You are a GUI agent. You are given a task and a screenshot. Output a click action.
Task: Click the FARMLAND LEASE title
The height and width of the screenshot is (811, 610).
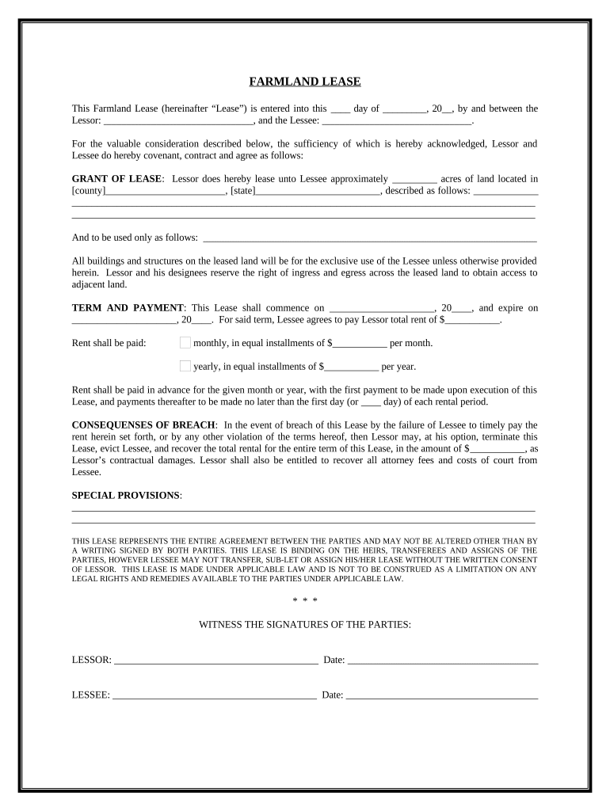click(x=305, y=82)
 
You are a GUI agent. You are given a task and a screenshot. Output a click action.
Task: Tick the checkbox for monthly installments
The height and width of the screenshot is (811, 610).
click(x=185, y=343)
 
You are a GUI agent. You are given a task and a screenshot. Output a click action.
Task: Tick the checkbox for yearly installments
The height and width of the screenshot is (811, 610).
click(x=185, y=366)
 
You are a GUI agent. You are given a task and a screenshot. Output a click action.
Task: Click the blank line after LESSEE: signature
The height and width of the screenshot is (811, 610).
click(x=214, y=696)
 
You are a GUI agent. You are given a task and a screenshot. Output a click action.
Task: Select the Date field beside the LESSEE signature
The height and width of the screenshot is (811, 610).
click(x=442, y=696)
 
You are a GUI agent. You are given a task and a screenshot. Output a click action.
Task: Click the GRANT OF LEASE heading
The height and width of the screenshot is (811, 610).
click(x=116, y=179)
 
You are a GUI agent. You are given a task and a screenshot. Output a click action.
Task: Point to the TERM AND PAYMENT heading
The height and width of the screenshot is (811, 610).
click(x=128, y=308)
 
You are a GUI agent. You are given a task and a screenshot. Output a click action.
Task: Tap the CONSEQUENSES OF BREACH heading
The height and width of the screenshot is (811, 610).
click(x=145, y=425)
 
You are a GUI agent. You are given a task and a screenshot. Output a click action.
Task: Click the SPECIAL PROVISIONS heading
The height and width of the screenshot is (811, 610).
click(x=126, y=495)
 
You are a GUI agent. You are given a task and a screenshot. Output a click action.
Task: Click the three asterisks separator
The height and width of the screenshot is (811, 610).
click(x=304, y=601)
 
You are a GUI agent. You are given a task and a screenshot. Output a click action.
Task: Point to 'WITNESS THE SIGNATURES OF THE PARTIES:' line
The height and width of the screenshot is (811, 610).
click(x=304, y=625)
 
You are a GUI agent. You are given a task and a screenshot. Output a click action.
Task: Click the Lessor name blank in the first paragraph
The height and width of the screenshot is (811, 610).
click(x=177, y=123)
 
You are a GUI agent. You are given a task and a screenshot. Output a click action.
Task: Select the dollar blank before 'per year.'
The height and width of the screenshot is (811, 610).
click(x=352, y=368)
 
